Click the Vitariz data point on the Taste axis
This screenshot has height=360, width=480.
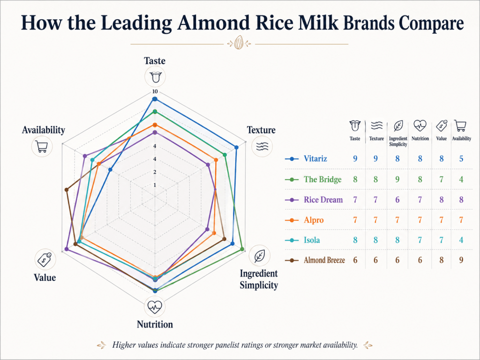click(x=155, y=99)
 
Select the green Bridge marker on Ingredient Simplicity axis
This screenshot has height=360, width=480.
click(x=242, y=249)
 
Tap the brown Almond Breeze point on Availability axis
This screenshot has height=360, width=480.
click(x=67, y=190)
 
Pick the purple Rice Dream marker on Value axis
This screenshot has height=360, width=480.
click(x=66, y=249)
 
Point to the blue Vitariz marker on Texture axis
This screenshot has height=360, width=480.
click(x=236, y=148)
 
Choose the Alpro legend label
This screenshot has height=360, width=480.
click(x=313, y=220)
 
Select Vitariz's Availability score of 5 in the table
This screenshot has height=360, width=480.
click(x=461, y=158)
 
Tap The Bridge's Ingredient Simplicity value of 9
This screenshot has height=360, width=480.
click(x=397, y=179)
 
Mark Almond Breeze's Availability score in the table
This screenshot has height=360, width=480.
click(x=461, y=260)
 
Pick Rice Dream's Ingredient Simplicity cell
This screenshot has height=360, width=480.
click(x=397, y=200)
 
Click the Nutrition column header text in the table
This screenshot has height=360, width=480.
click(x=420, y=139)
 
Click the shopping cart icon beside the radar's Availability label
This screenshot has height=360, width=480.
click(x=41, y=147)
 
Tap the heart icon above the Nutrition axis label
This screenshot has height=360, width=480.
click(x=155, y=307)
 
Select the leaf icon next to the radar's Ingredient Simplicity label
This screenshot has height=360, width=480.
click(x=259, y=256)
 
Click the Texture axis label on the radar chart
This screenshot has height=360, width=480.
click(x=261, y=130)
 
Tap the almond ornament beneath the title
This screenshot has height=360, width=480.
click(x=239, y=44)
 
